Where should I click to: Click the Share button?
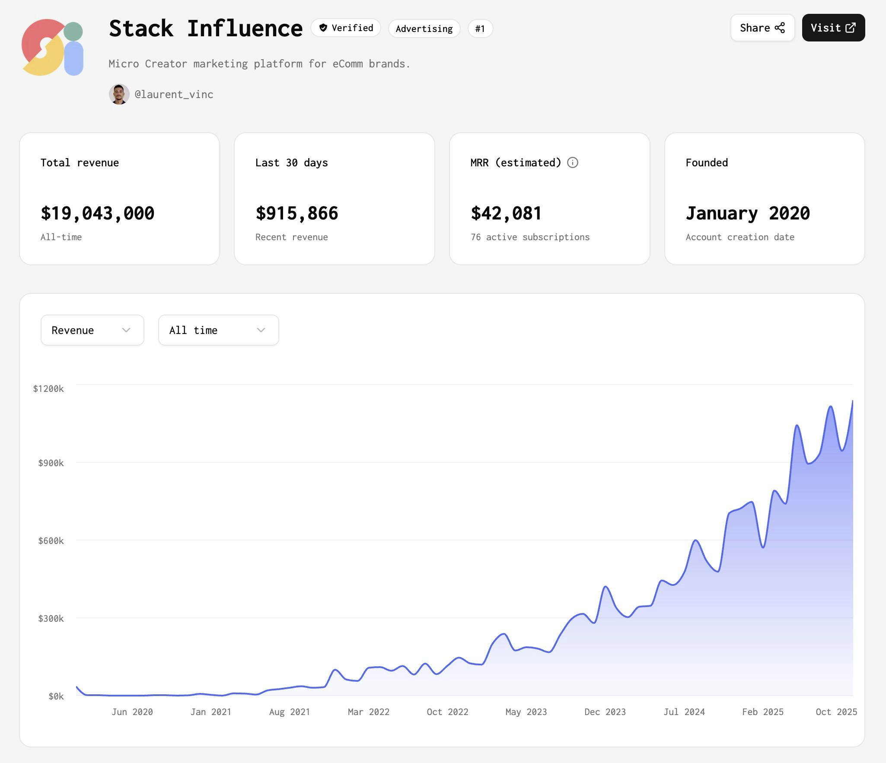point(762,28)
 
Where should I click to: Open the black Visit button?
point(833,28)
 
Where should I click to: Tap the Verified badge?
point(346,28)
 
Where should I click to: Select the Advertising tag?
point(424,29)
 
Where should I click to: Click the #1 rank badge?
point(480,29)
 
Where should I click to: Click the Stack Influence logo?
point(52,48)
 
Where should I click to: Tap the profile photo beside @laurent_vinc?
point(119,94)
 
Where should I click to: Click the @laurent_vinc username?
point(174,95)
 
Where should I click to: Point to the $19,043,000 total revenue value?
point(97,213)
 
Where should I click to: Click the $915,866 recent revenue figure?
point(296,213)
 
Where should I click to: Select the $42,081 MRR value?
point(506,213)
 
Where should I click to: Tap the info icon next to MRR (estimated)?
point(572,162)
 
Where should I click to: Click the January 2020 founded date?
point(747,213)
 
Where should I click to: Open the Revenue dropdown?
point(92,330)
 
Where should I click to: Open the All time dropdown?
point(218,330)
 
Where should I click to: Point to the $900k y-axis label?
point(51,463)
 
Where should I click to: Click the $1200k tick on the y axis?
point(48,389)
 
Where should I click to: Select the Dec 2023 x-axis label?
point(605,712)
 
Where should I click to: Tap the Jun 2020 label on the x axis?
point(132,712)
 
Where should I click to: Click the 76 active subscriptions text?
point(530,237)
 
